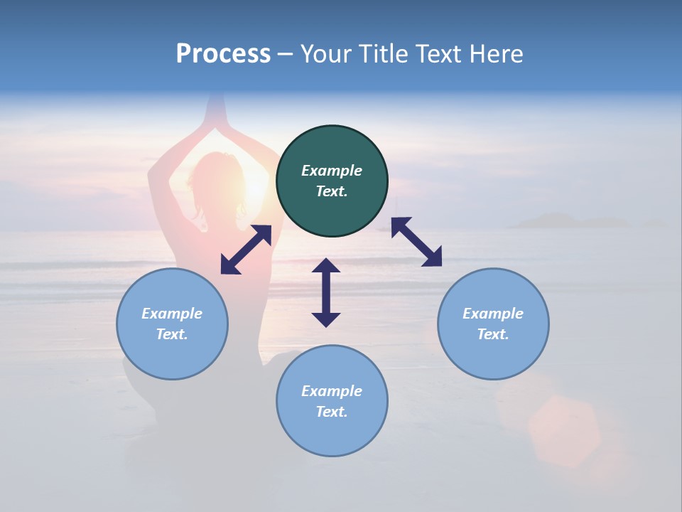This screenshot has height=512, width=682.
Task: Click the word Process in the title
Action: click(223, 54)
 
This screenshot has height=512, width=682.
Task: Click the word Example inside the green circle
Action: click(332, 171)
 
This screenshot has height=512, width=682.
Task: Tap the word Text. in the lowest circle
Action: click(332, 412)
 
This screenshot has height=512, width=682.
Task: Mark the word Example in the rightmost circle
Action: click(493, 314)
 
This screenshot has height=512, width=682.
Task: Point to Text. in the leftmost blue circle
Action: click(172, 334)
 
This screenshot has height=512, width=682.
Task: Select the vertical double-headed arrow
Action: click(326, 292)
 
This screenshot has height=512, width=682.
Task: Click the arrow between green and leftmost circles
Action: click(246, 250)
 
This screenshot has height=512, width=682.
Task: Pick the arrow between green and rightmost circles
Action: click(416, 242)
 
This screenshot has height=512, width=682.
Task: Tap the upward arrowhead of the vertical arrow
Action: click(326, 265)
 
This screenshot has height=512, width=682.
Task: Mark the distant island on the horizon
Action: click(561, 221)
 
